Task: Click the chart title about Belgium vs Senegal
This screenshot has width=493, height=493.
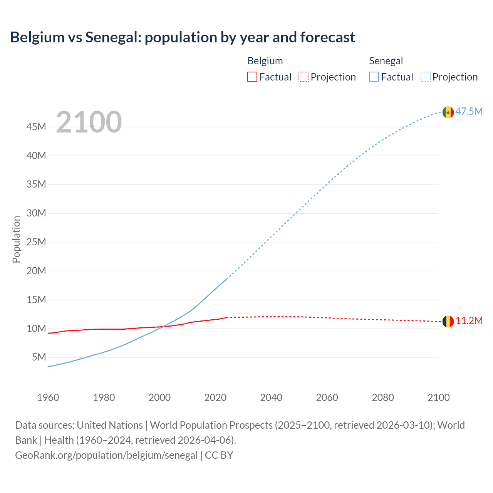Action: point(183,37)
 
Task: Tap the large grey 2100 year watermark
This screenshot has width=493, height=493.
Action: point(89,122)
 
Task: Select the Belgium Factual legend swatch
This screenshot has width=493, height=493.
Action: point(252,77)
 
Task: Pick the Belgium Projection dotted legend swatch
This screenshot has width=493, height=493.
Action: point(304,77)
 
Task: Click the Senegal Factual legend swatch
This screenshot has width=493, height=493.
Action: point(374,77)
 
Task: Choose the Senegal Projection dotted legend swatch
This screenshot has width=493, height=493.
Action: point(426,77)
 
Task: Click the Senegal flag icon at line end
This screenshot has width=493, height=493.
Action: point(448,112)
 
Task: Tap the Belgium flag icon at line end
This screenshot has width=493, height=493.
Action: point(448,321)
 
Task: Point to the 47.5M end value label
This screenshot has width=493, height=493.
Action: point(469,112)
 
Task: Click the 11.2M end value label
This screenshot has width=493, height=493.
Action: point(469,321)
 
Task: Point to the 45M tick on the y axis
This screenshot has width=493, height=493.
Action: point(36,127)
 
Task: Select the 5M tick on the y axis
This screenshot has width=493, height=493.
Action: point(39,357)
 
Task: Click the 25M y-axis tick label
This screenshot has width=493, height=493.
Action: point(36,242)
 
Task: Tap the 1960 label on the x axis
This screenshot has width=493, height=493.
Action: point(48,397)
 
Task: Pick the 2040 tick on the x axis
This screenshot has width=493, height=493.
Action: point(271,397)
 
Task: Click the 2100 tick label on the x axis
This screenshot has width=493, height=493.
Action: point(438,397)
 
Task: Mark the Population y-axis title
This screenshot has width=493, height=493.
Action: point(16,239)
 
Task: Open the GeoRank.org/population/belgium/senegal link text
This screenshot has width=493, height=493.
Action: point(106,455)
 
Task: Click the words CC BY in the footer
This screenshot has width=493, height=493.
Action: point(219,455)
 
